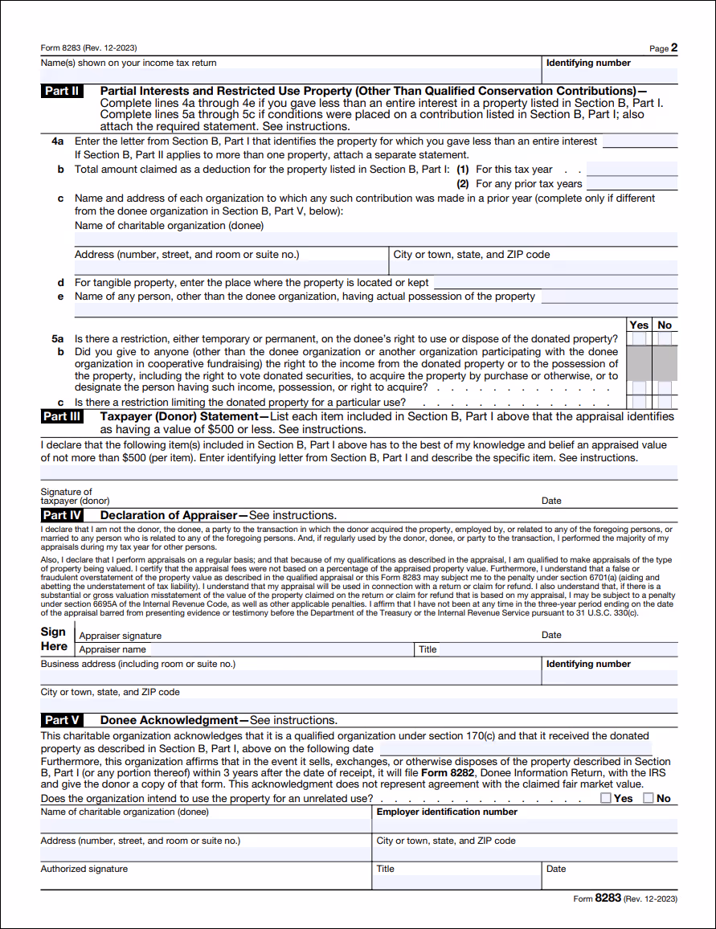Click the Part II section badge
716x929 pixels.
coord(62,91)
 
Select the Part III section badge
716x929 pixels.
coord(62,416)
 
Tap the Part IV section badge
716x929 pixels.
coord(62,515)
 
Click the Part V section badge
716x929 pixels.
coord(62,720)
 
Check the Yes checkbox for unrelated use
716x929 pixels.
coord(606,798)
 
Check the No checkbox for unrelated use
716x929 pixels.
coord(648,798)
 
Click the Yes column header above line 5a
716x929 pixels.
coord(639,325)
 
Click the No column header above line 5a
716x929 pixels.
coord(665,325)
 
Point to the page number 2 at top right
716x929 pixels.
coord(673,48)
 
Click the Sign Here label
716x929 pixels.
coord(55,639)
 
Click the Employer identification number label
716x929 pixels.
coord(447,812)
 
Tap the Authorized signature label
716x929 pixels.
coord(84,869)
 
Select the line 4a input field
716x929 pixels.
coord(640,141)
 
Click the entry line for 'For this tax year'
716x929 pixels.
coord(632,170)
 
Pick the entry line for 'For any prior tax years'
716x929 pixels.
coord(632,184)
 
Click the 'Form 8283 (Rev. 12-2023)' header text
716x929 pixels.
coord(88,48)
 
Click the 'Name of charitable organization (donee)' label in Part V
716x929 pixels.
coord(125,812)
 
